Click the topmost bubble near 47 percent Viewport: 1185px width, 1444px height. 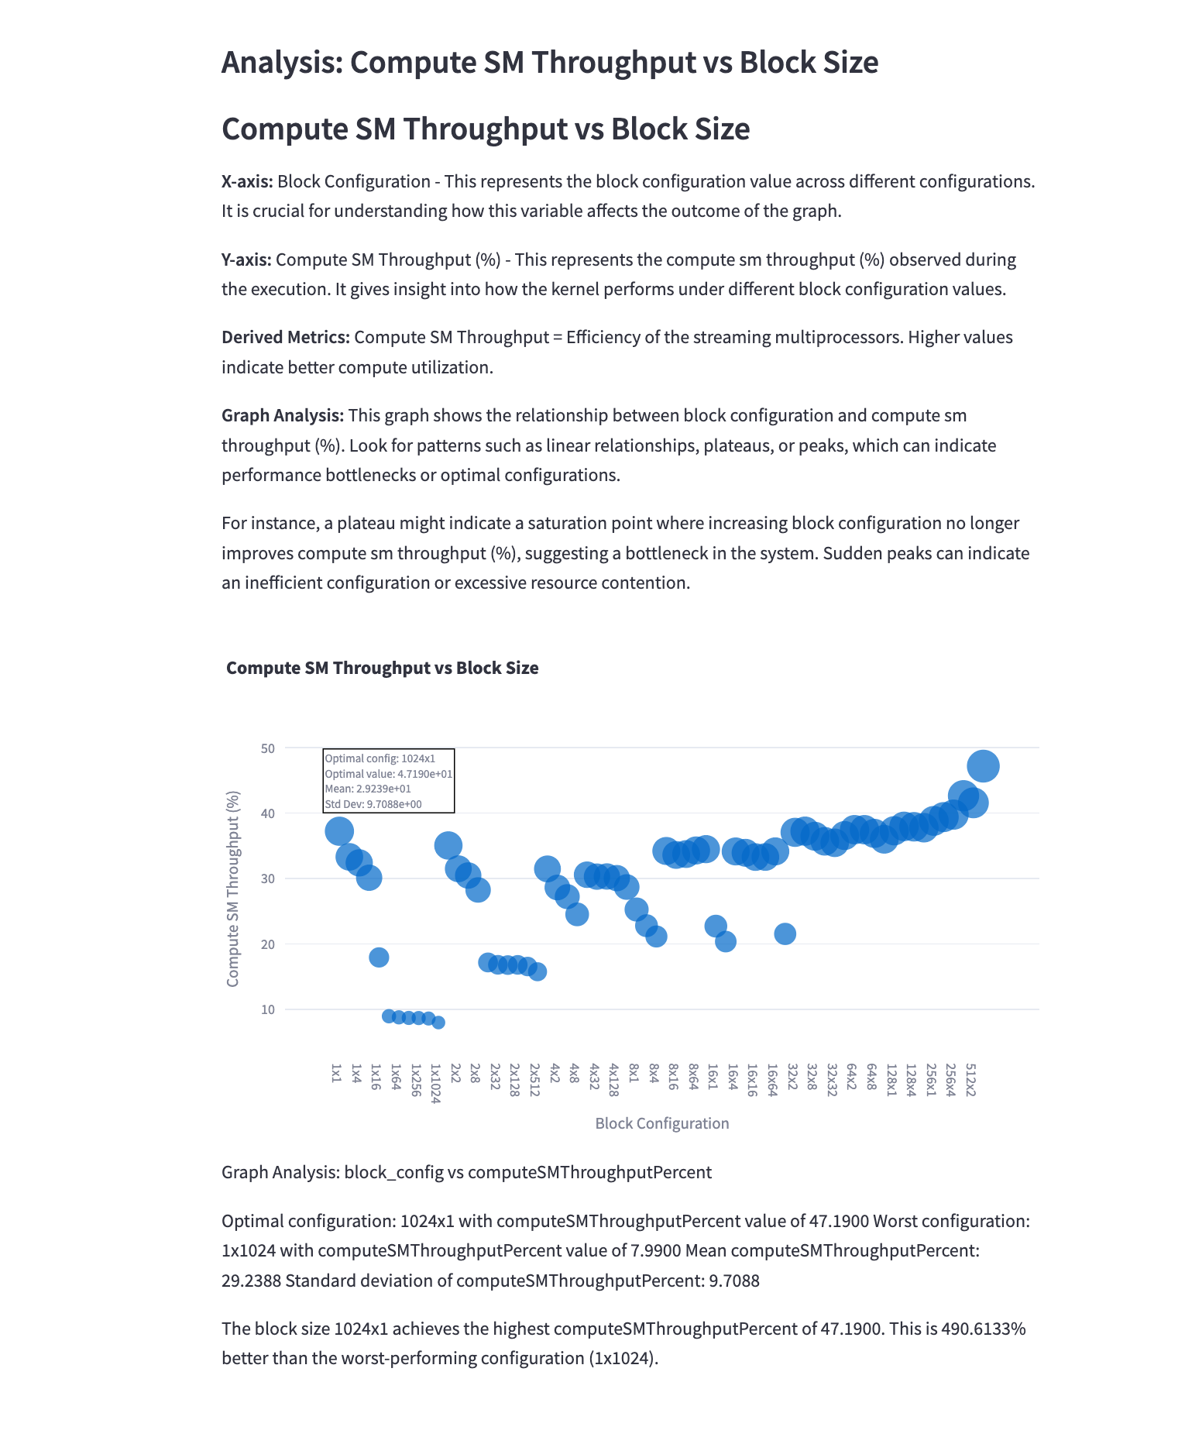click(983, 766)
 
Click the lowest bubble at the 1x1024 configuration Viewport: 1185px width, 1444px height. click(438, 1023)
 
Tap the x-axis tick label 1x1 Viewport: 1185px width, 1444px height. click(336, 1073)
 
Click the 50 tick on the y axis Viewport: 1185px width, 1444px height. click(268, 748)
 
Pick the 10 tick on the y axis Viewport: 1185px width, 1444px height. click(268, 1009)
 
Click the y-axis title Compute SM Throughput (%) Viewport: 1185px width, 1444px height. click(233, 889)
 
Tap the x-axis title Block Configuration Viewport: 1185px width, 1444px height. click(662, 1123)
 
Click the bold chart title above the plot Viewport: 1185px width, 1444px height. click(382, 668)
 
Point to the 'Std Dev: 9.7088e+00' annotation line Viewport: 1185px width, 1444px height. click(373, 804)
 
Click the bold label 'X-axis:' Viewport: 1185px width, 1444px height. click(247, 181)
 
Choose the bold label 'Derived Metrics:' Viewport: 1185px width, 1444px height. click(286, 337)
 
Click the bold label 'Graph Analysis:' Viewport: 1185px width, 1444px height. click(283, 415)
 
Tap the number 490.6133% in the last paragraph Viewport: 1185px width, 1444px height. click(983, 1329)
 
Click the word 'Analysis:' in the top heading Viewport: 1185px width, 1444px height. click(282, 63)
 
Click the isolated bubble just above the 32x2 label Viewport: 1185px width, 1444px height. click(785, 933)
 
